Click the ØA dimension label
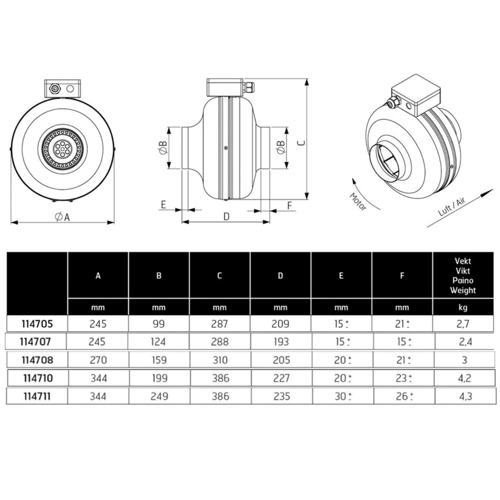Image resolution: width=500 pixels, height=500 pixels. (x=62, y=217)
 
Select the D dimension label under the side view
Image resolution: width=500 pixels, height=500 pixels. (x=226, y=217)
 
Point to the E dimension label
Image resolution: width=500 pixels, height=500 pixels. (x=163, y=204)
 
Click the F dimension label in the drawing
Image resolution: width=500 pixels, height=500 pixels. (x=290, y=206)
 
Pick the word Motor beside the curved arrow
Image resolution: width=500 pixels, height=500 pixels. (x=358, y=201)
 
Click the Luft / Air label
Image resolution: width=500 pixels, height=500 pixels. (x=452, y=207)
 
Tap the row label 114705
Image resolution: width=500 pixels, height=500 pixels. (x=37, y=324)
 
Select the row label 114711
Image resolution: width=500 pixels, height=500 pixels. (x=37, y=396)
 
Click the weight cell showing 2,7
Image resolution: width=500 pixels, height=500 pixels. (x=463, y=324)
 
